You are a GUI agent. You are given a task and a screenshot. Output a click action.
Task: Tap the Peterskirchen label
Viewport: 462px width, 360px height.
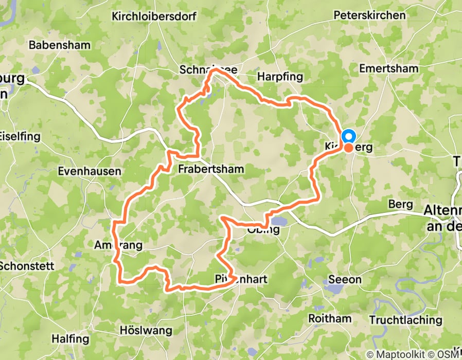tap(369, 15)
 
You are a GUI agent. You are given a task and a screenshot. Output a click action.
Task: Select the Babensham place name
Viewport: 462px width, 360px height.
tap(59, 45)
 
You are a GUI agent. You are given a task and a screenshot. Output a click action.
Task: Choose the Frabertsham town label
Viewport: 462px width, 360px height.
tap(211, 169)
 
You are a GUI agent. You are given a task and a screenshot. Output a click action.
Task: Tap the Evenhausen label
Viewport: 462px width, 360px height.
tap(90, 171)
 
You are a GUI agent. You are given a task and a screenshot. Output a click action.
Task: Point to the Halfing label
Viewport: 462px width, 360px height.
tap(70, 339)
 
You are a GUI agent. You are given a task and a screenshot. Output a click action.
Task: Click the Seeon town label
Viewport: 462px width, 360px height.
tap(346, 280)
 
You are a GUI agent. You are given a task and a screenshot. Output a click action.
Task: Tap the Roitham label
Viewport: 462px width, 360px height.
tap(329, 318)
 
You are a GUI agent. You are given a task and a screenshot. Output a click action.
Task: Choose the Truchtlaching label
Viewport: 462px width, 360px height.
tap(405, 319)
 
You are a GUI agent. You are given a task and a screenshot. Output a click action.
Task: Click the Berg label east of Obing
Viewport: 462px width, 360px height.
tap(401, 204)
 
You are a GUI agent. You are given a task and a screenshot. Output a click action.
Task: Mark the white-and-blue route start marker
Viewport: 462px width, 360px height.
tap(348, 136)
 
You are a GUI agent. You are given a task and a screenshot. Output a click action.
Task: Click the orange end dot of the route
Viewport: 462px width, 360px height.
tap(348, 148)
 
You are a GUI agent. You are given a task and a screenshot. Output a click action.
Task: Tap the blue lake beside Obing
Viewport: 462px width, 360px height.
tap(279, 221)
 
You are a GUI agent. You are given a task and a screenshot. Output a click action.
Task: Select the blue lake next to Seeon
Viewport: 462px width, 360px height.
tap(334, 289)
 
